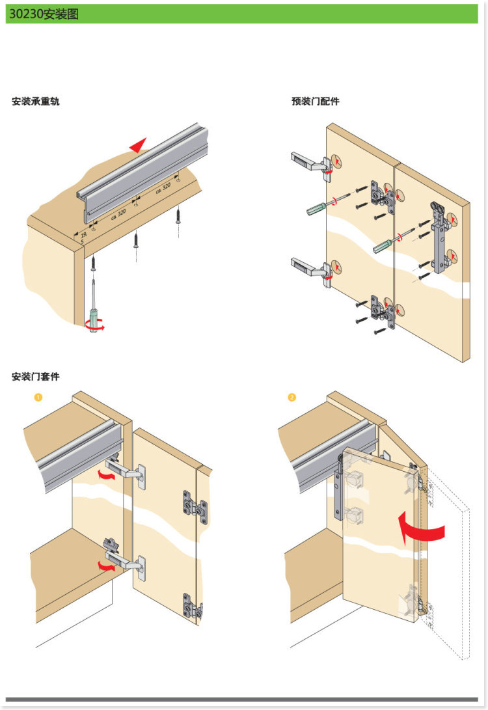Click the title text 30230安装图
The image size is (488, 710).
44,14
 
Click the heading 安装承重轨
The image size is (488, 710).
35,102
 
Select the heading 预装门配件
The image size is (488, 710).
316,102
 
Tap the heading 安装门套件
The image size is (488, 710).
35,377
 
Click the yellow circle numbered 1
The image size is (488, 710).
38,397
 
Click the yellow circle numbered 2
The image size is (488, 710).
292,397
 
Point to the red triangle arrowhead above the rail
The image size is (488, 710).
139,146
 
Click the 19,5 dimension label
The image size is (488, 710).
83,238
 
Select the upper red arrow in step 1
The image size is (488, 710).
107,474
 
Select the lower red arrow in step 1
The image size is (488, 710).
107,566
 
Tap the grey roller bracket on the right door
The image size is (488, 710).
438,238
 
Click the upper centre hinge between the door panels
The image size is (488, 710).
383,197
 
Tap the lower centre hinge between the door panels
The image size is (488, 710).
383,312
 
